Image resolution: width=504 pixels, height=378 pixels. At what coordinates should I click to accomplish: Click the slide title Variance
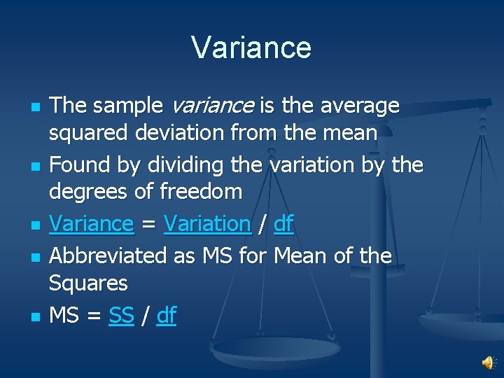click(251, 48)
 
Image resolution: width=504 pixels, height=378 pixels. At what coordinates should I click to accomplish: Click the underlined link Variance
click(92, 224)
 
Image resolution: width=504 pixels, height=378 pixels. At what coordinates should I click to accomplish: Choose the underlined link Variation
click(207, 224)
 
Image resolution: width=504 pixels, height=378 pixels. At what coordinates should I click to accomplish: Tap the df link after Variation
click(283, 224)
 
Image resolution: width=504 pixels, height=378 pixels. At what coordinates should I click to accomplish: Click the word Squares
click(88, 283)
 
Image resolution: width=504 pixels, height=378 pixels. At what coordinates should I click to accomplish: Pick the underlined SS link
click(121, 316)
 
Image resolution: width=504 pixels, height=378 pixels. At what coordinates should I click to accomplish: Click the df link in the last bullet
click(167, 316)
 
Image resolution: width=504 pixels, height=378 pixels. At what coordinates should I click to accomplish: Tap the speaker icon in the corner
click(488, 361)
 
